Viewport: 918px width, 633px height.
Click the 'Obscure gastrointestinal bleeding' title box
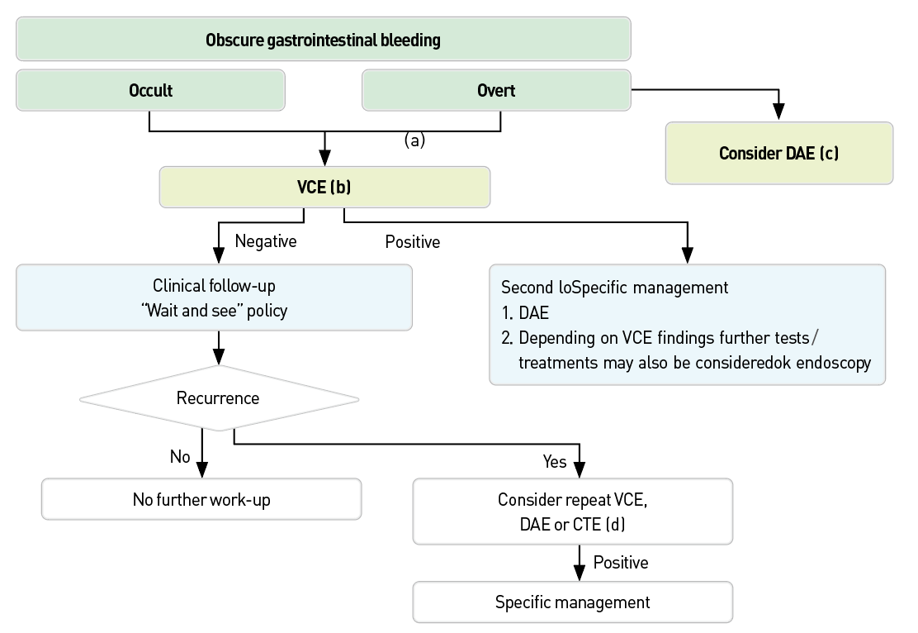click(323, 39)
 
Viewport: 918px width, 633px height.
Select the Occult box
click(150, 90)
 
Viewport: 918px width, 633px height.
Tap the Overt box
click(496, 90)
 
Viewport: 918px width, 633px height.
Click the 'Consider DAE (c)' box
click(778, 153)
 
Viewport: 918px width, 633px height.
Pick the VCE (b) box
click(324, 188)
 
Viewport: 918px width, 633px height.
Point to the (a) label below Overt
click(414, 140)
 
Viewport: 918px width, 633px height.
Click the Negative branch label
click(265, 241)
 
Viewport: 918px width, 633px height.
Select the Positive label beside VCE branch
click(412, 242)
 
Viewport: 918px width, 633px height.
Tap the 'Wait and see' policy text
click(214, 310)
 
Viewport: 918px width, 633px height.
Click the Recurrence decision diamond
click(218, 398)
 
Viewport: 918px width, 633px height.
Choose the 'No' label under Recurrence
click(180, 456)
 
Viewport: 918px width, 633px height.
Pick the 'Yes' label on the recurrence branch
click(555, 461)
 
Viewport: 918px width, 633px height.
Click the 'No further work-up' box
click(201, 499)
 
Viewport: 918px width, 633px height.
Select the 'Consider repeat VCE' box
click(572, 512)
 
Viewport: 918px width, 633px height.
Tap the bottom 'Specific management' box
click(572, 602)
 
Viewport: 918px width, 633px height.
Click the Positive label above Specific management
click(621, 563)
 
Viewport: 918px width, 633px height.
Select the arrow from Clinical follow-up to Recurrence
click(218, 347)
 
